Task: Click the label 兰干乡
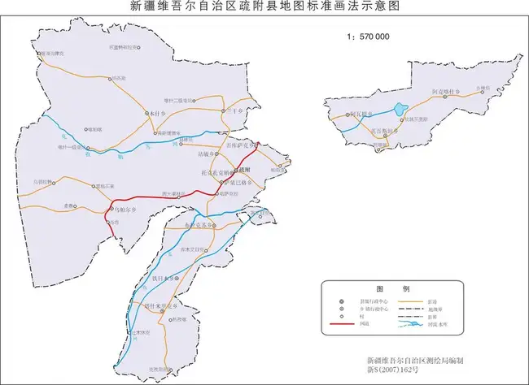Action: coord(234,110)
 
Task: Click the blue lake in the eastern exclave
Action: coord(399,108)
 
